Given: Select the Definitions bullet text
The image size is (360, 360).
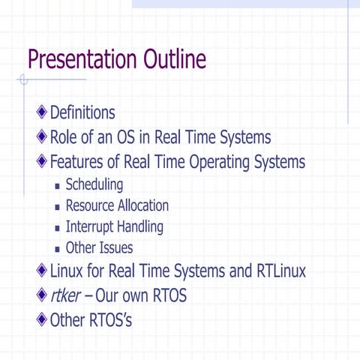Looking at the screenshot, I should pyautogui.click(x=82, y=113).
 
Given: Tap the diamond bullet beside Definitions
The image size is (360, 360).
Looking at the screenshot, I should pyautogui.click(x=42, y=113).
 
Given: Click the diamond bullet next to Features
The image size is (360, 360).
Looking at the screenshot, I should pyautogui.click(x=42, y=161).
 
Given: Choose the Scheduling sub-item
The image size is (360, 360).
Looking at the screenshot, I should pyautogui.click(x=94, y=184).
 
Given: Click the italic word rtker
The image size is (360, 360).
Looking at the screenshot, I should pyautogui.click(x=66, y=295).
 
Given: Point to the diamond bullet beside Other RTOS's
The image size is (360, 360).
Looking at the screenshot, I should pyautogui.click(x=42, y=320).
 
